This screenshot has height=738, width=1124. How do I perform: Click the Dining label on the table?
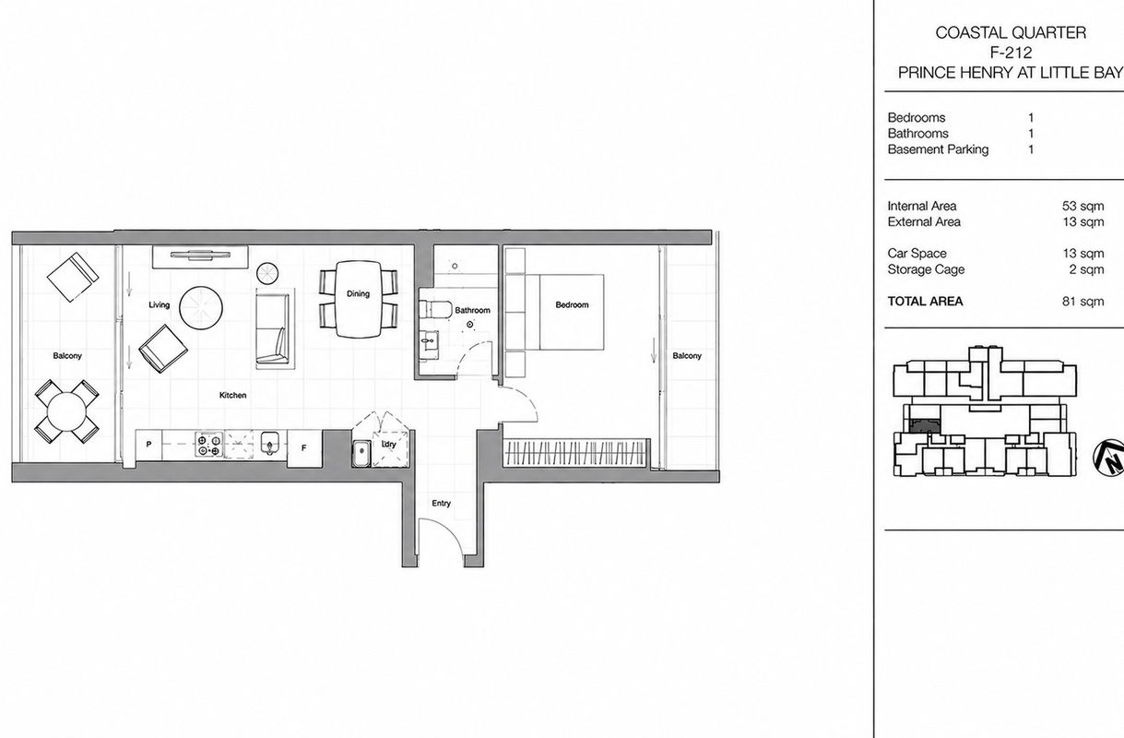pyautogui.click(x=358, y=293)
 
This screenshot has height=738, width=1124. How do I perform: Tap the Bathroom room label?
pyautogui.click(x=472, y=310)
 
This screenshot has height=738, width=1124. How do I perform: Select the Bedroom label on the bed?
pyautogui.click(x=572, y=304)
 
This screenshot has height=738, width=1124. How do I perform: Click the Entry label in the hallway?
pyautogui.click(x=441, y=503)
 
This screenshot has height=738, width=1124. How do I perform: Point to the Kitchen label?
pyautogui.click(x=233, y=395)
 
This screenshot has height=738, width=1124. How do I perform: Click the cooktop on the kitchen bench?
pyautogui.click(x=208, y=445)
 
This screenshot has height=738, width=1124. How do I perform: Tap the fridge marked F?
pyautogui.click(x=304, y=448)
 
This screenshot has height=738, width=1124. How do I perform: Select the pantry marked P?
pyautogui.click(x=148, y=445)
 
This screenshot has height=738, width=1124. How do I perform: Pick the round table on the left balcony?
pyautogui.click(x=66, y=411)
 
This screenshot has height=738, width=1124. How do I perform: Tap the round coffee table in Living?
pyautogui.click(x=201, y=308)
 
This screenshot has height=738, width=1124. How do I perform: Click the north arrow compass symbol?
pyautogui.click(x=1109, y=458)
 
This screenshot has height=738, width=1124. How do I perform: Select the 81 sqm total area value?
pyautogui.click(x=1083, y=302)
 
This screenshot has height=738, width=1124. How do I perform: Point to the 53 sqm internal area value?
pyautogui.click(x=1083, y=206)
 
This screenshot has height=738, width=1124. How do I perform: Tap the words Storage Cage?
pyautogui.click(x=926, y=269)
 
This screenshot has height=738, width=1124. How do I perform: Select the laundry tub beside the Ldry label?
pyautogui.click(x=361, y=453)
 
